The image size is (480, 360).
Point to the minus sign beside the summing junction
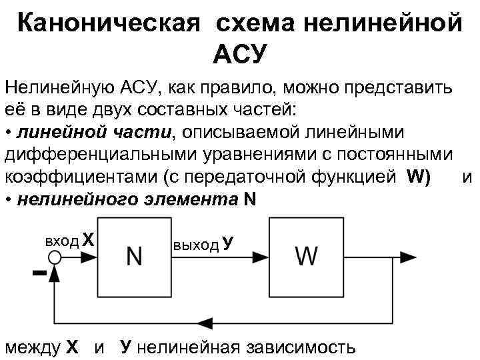pos(39,273)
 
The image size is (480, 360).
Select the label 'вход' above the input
pos(61,240)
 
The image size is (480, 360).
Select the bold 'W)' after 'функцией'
pos(417,177)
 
